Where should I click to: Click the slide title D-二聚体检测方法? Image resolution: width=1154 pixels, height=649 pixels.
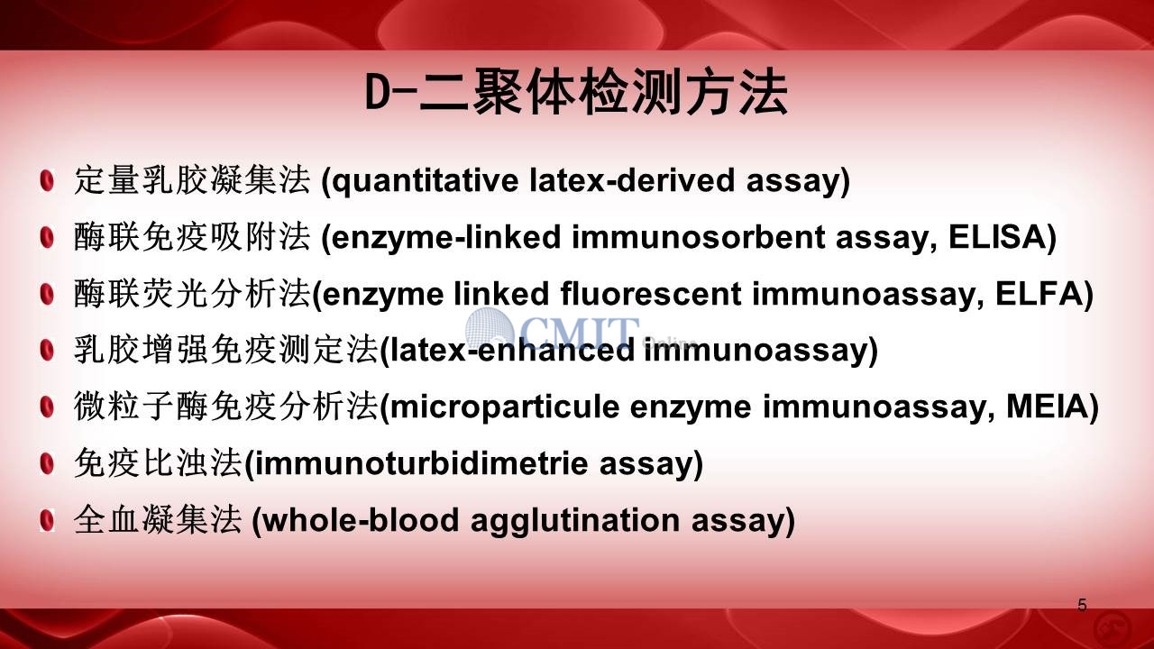pyautogui.click(x=576, y=93)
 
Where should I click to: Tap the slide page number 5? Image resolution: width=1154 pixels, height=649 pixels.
pyautogui.click(x=1082, y=605)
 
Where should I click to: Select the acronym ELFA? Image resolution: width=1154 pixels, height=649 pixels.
pyautogui.click(x=1039, y=294)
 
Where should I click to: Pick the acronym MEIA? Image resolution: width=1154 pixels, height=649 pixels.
pyautogui.click(x=1047, y=407)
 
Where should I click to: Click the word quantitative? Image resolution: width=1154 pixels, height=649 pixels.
pyautogui.click(x=425, y=181)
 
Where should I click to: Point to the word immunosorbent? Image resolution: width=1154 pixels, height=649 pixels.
pyautogui.click(x=698, y=237)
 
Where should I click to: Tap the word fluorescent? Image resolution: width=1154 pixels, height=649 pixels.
pyautogui.click(x=651, y=294)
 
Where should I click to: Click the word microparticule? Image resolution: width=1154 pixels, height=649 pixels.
pyautogui.click(x=504, y=407)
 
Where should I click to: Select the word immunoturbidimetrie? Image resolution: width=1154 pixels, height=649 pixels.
pyautogui.click(x=421, y=462)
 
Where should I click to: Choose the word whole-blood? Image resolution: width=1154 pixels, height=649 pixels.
pyautogui.click(x=361, y=519)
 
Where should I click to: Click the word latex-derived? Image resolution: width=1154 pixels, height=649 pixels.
pyautogui.click(x=632, y=180)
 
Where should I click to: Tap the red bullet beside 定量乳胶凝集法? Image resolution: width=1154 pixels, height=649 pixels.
pyautogui.click(x=47, y=181)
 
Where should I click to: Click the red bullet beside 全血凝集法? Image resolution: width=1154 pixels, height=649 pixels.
pyautogui.click(x=47, y=520)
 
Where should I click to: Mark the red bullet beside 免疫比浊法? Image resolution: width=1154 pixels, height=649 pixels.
pyautogui.click(x=47, y=463)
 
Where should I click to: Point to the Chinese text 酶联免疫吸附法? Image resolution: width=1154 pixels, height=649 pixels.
pyautogui.click(x=192, y=237)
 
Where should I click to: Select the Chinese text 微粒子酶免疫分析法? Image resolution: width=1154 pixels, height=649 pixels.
pyautogui.click(x=226, y=407)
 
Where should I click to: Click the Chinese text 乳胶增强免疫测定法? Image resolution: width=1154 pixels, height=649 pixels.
pyautogui.click(x=226, y=350)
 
